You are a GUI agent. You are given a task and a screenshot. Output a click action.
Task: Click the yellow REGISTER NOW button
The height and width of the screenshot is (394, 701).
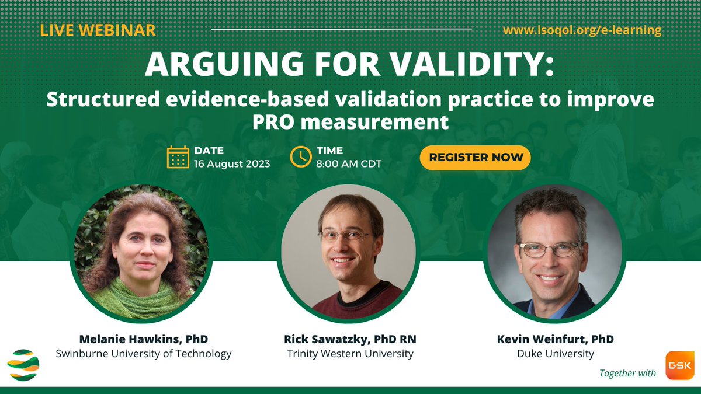coord(476,158)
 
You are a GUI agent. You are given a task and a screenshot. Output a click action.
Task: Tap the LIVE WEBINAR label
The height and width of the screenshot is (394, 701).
coord(98,29)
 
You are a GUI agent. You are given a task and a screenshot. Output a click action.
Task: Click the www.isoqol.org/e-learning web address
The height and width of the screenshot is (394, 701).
coord(582,30)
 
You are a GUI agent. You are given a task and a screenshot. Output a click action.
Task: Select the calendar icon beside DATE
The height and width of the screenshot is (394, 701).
coord(178,157)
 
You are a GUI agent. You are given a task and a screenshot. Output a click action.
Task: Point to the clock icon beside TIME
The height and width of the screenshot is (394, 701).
coord(301,157)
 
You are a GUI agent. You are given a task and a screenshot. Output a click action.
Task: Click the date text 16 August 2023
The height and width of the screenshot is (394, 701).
coord(232,164)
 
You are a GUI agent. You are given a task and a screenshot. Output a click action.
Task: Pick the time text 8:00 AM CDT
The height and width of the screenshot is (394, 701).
coord(349,164)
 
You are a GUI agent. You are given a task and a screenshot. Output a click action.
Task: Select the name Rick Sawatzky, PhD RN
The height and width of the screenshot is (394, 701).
coord(350,339)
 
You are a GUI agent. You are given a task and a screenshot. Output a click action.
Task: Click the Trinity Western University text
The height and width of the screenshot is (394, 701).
coord(350,354)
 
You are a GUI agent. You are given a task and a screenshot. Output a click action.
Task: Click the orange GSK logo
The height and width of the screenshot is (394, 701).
coord(679,366)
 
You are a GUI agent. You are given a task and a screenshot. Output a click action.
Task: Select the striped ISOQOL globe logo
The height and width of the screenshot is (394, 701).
coord(23,365)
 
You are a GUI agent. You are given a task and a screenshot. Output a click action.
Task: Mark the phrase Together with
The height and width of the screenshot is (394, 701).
coord(628,373)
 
